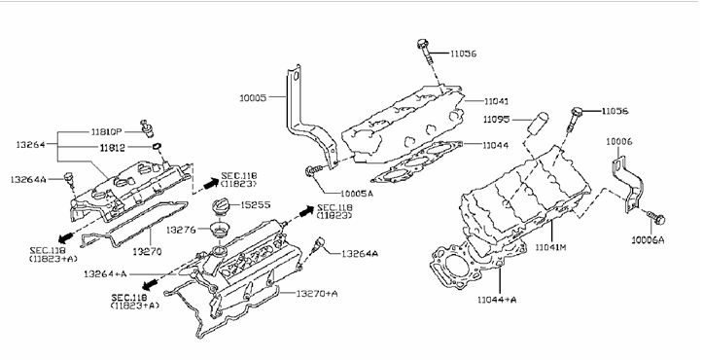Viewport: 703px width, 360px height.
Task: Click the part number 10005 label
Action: tap(253, 98)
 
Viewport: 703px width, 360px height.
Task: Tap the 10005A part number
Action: tap(357, 194)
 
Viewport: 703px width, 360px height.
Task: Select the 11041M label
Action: tap(551, 246)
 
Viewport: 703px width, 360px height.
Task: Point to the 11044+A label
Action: tap(497, 300)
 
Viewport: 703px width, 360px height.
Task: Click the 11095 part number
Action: tap(496, 120)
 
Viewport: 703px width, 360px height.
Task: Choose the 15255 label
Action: tap(256, 204)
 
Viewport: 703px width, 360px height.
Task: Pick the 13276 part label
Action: tap(181, 230)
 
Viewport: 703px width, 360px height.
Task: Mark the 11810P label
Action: tap(107, 132)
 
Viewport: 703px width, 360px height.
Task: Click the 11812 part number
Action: tap(113, 148)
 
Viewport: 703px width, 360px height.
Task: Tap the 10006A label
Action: tap(648, 240)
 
